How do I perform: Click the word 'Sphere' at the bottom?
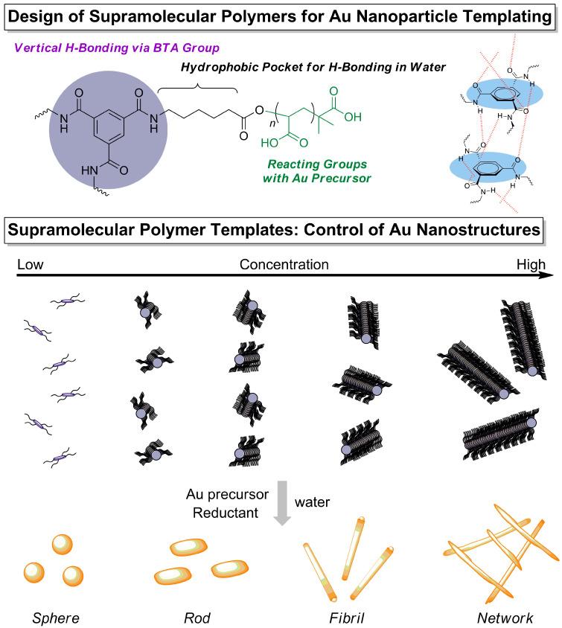pos(56,617)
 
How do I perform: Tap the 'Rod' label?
pos(196,617)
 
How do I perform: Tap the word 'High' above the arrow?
pos(531,264)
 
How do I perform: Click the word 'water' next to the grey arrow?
pos(313,502)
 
